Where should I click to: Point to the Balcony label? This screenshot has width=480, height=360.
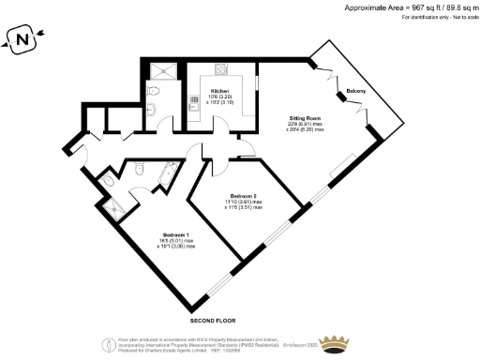(356, 90)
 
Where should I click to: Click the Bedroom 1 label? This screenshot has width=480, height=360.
(176, 233)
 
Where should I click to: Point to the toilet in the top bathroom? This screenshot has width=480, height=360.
(153, 90)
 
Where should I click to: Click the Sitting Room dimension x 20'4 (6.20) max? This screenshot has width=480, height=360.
(306, 129)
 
